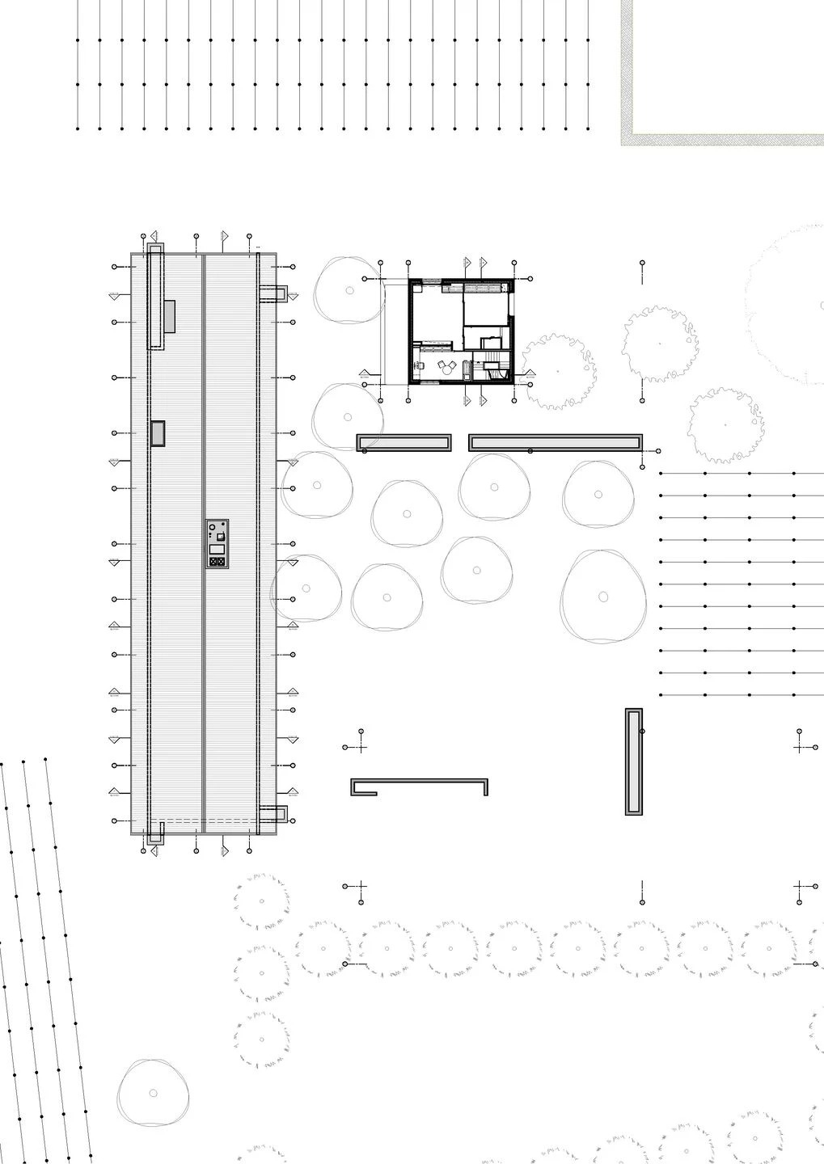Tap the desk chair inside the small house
tap(421, 365)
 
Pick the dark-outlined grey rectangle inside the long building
tap(158, 432)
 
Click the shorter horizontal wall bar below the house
tap(404, 442)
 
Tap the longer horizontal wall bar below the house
tap(556, 441)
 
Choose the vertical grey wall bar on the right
tap(634, 761)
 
